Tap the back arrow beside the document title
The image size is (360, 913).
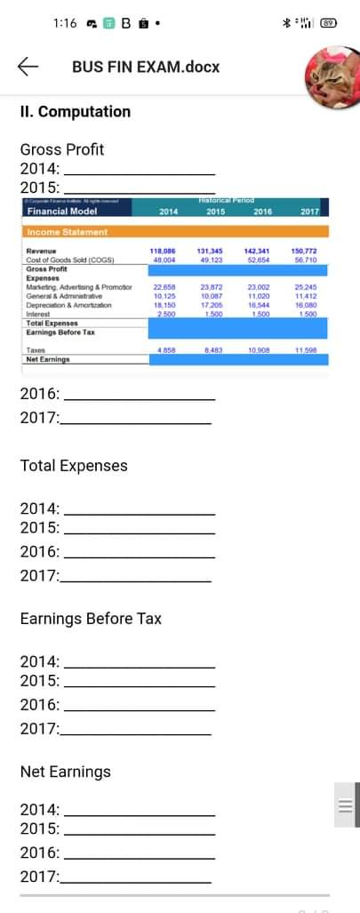point(28,67)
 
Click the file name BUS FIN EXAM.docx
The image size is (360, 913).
point(146,67)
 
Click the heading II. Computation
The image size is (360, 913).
point(75,112)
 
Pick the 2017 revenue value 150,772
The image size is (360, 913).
point(305,252)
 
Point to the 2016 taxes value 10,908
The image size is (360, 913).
point(259,351)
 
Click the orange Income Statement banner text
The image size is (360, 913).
point(67,232)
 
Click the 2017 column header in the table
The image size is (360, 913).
point(309,212)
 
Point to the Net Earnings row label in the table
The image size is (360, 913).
point(48,359)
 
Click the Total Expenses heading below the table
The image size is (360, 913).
point(74,466)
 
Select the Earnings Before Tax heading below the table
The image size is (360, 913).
point(91,618)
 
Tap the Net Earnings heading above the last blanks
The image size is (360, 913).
point(66,772)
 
